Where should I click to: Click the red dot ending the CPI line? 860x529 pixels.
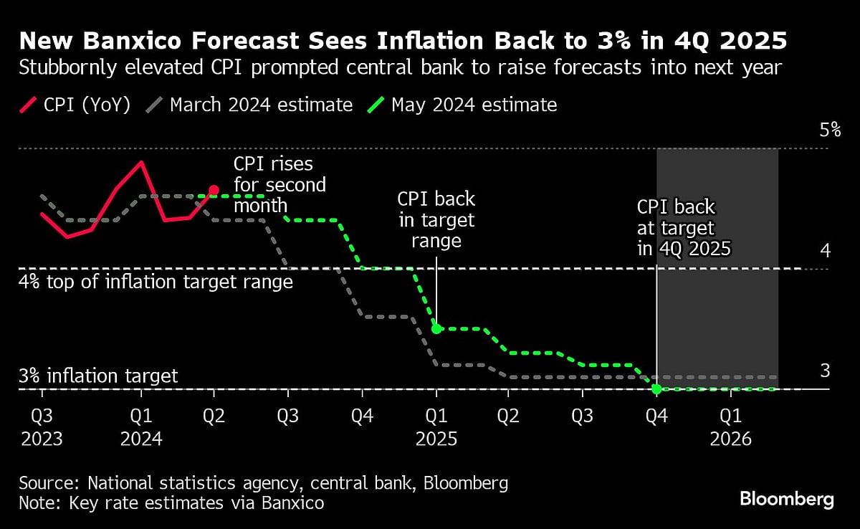point(214,190)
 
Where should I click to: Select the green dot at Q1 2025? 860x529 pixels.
point(436,329)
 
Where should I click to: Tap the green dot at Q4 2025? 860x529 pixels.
point(656,389)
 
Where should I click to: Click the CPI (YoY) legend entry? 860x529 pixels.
point(75,105)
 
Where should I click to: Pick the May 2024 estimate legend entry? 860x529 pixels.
point(463,105)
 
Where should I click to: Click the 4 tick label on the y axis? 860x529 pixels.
point(825,251)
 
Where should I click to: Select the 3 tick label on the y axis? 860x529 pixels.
point(825,371)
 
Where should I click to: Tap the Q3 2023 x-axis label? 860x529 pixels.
point(42,427)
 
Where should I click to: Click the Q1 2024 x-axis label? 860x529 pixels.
point(141,427)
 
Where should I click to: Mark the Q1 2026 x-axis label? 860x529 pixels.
point(731,427)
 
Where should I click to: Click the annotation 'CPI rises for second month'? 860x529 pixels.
point(279,185)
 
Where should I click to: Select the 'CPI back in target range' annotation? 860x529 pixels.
point(436,219)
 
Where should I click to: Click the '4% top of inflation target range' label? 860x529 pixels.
point(156,282)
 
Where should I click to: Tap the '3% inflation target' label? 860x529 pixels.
point(98,376)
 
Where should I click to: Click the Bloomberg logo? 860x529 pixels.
point(786,500)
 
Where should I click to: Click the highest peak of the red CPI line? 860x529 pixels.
point(141,161)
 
